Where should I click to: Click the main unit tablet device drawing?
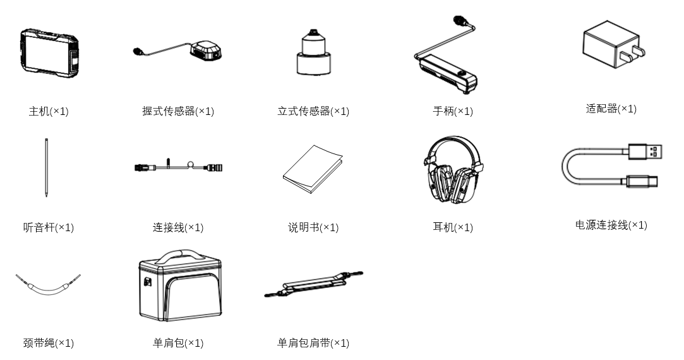tap(49, 52)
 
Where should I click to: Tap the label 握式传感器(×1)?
tap(178, 111)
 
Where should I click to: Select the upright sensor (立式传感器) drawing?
tap(313, 52)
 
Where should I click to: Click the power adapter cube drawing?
tap(613, 44)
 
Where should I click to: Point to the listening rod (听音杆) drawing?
tap(46, 167)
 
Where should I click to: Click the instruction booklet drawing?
tap(313, 169)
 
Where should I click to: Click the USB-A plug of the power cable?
tap(645, 152)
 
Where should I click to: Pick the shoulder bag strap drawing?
tap(313, 284)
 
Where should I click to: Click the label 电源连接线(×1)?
tap(611, 225)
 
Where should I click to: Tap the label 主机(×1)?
tap(49, 111)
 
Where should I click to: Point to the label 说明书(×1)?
tap(313, 227)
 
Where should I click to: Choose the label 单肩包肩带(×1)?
tap(313, 343)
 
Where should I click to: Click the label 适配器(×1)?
tap(611, 109)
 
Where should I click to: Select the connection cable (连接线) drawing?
tap(178, 166)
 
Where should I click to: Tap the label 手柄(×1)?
tap(453, 111)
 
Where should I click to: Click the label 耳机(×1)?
tap(453, 227)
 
